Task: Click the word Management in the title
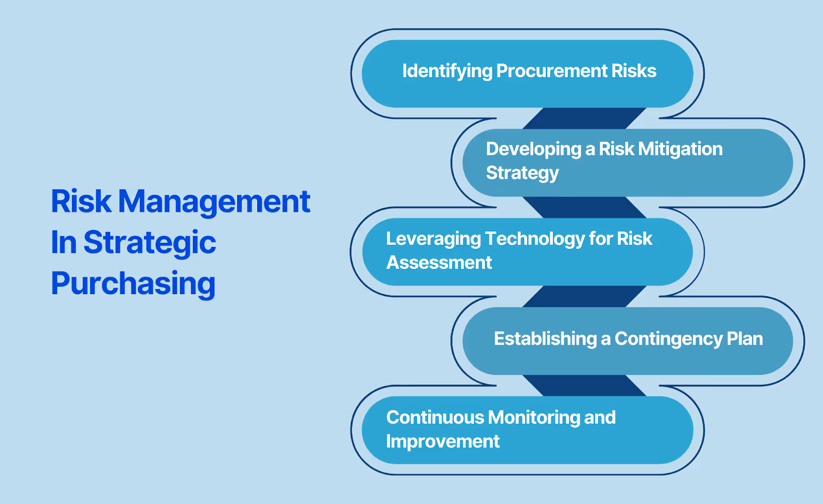pos(214,202)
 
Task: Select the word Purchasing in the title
pos(133,283)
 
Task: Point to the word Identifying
pos(447,71)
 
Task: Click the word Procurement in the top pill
pos(552,70)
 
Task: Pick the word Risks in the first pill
pos(634,70)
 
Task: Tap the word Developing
pos(533,150)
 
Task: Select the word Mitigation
pos(680,149)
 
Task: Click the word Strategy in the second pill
pos(522,173)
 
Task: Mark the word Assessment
pos(439,262)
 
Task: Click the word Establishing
pos(545,339)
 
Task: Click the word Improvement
pos(443,441)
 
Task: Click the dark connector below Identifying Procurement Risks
pos(584,118)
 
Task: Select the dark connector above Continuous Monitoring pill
pos(584,386)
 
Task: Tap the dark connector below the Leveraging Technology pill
pos(584,296)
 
